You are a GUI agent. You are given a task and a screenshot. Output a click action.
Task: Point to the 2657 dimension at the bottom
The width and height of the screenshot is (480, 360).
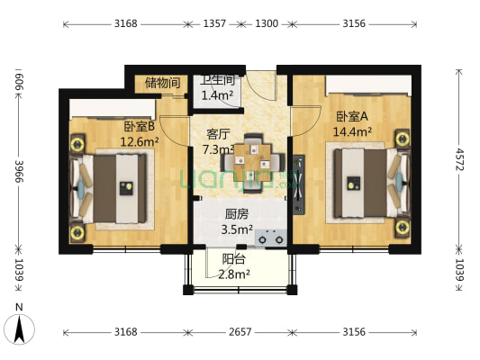pyautogui.click(x=240, y=332)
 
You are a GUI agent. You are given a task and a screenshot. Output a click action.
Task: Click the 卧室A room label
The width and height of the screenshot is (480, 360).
pyautogui.click(x=351, y=117)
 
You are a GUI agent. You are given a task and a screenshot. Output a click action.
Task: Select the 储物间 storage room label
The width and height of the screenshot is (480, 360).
pyautogui.click(x=163, y=83)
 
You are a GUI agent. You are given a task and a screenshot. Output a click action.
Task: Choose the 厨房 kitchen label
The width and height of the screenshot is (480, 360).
pyautogui.click(x=237, y=214)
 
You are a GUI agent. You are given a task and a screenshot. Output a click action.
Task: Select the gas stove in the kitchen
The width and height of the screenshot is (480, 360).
pyautogui.click(x=272, y=238)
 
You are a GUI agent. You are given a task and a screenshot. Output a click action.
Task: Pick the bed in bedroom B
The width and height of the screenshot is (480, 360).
pyautogui.click(x=113, y=188)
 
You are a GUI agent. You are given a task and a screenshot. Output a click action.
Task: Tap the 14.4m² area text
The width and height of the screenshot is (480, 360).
pyautogui.click(x=353, y=132)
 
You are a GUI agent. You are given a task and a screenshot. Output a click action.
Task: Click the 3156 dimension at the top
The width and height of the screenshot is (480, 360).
pyautogui.click(x=354, y=25)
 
